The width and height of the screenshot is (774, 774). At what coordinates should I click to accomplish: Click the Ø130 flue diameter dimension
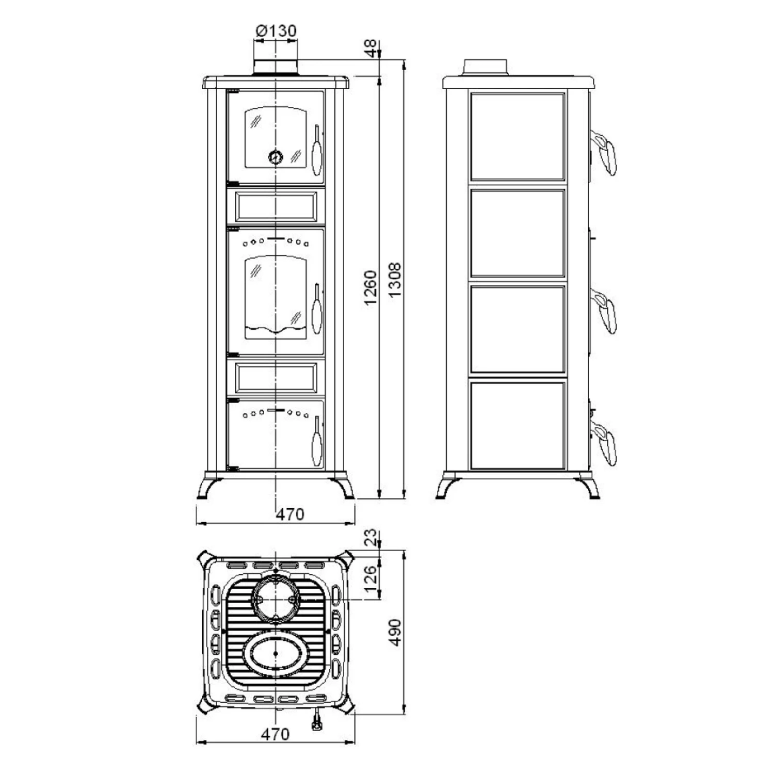coord(277,31)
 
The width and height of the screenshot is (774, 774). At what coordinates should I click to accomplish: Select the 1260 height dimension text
coord(371,287)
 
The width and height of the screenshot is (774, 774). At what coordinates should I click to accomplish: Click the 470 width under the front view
coord(290,514)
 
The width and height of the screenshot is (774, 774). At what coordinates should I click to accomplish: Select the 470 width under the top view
coord(275,733)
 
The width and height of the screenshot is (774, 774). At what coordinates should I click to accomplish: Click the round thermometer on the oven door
coord(276,156)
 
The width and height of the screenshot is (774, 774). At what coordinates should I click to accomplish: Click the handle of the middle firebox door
coord(317,309)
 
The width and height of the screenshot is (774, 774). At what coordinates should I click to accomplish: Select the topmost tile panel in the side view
coord(518,137)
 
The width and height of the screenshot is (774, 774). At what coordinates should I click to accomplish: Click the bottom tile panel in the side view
coord(518,426)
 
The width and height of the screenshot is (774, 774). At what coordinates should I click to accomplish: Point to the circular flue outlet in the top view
coord(276,599)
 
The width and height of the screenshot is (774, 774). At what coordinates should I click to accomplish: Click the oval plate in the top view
coord(276,653)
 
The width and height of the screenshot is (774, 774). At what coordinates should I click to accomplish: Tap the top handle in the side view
coord(604,152)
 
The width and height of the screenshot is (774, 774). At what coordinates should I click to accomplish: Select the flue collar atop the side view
coord(485,68)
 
